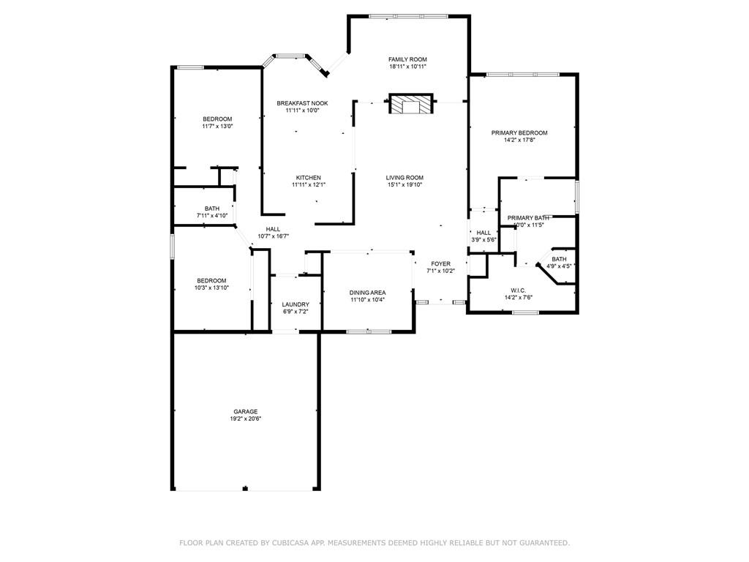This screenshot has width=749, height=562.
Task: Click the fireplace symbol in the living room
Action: [x=411, y=104]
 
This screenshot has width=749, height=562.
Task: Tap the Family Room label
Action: [x=407, y=60]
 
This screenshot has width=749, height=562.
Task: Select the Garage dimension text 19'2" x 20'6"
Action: [x=246, y=419]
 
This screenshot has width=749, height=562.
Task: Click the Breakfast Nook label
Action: [x=302, y=103]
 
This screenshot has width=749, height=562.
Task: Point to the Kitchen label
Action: [x=308, y=178]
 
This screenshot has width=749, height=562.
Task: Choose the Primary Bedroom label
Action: [x=519, y=133]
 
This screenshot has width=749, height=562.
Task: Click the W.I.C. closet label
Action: [x=519, y=291]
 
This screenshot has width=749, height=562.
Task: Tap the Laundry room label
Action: [x=296, y=304]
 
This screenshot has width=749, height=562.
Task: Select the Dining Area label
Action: [x=367, y=293]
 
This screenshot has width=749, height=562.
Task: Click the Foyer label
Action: [x=440, y=263]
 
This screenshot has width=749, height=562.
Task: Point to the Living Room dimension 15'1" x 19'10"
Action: [x=404, y=185]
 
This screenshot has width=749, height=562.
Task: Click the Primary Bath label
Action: [x=528, y=218]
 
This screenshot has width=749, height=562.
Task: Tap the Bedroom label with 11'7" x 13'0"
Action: [x=217, y=119]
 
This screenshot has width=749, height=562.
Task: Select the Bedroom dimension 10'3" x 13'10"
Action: [x=211, y=288]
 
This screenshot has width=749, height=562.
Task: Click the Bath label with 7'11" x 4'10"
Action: [x=212, y=209]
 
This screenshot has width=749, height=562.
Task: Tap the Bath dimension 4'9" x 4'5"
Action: [x=559, y=266]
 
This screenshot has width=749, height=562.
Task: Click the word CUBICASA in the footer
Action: [x=289, y=543]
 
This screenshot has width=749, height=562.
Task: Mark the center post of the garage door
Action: [x=245, y=488]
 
